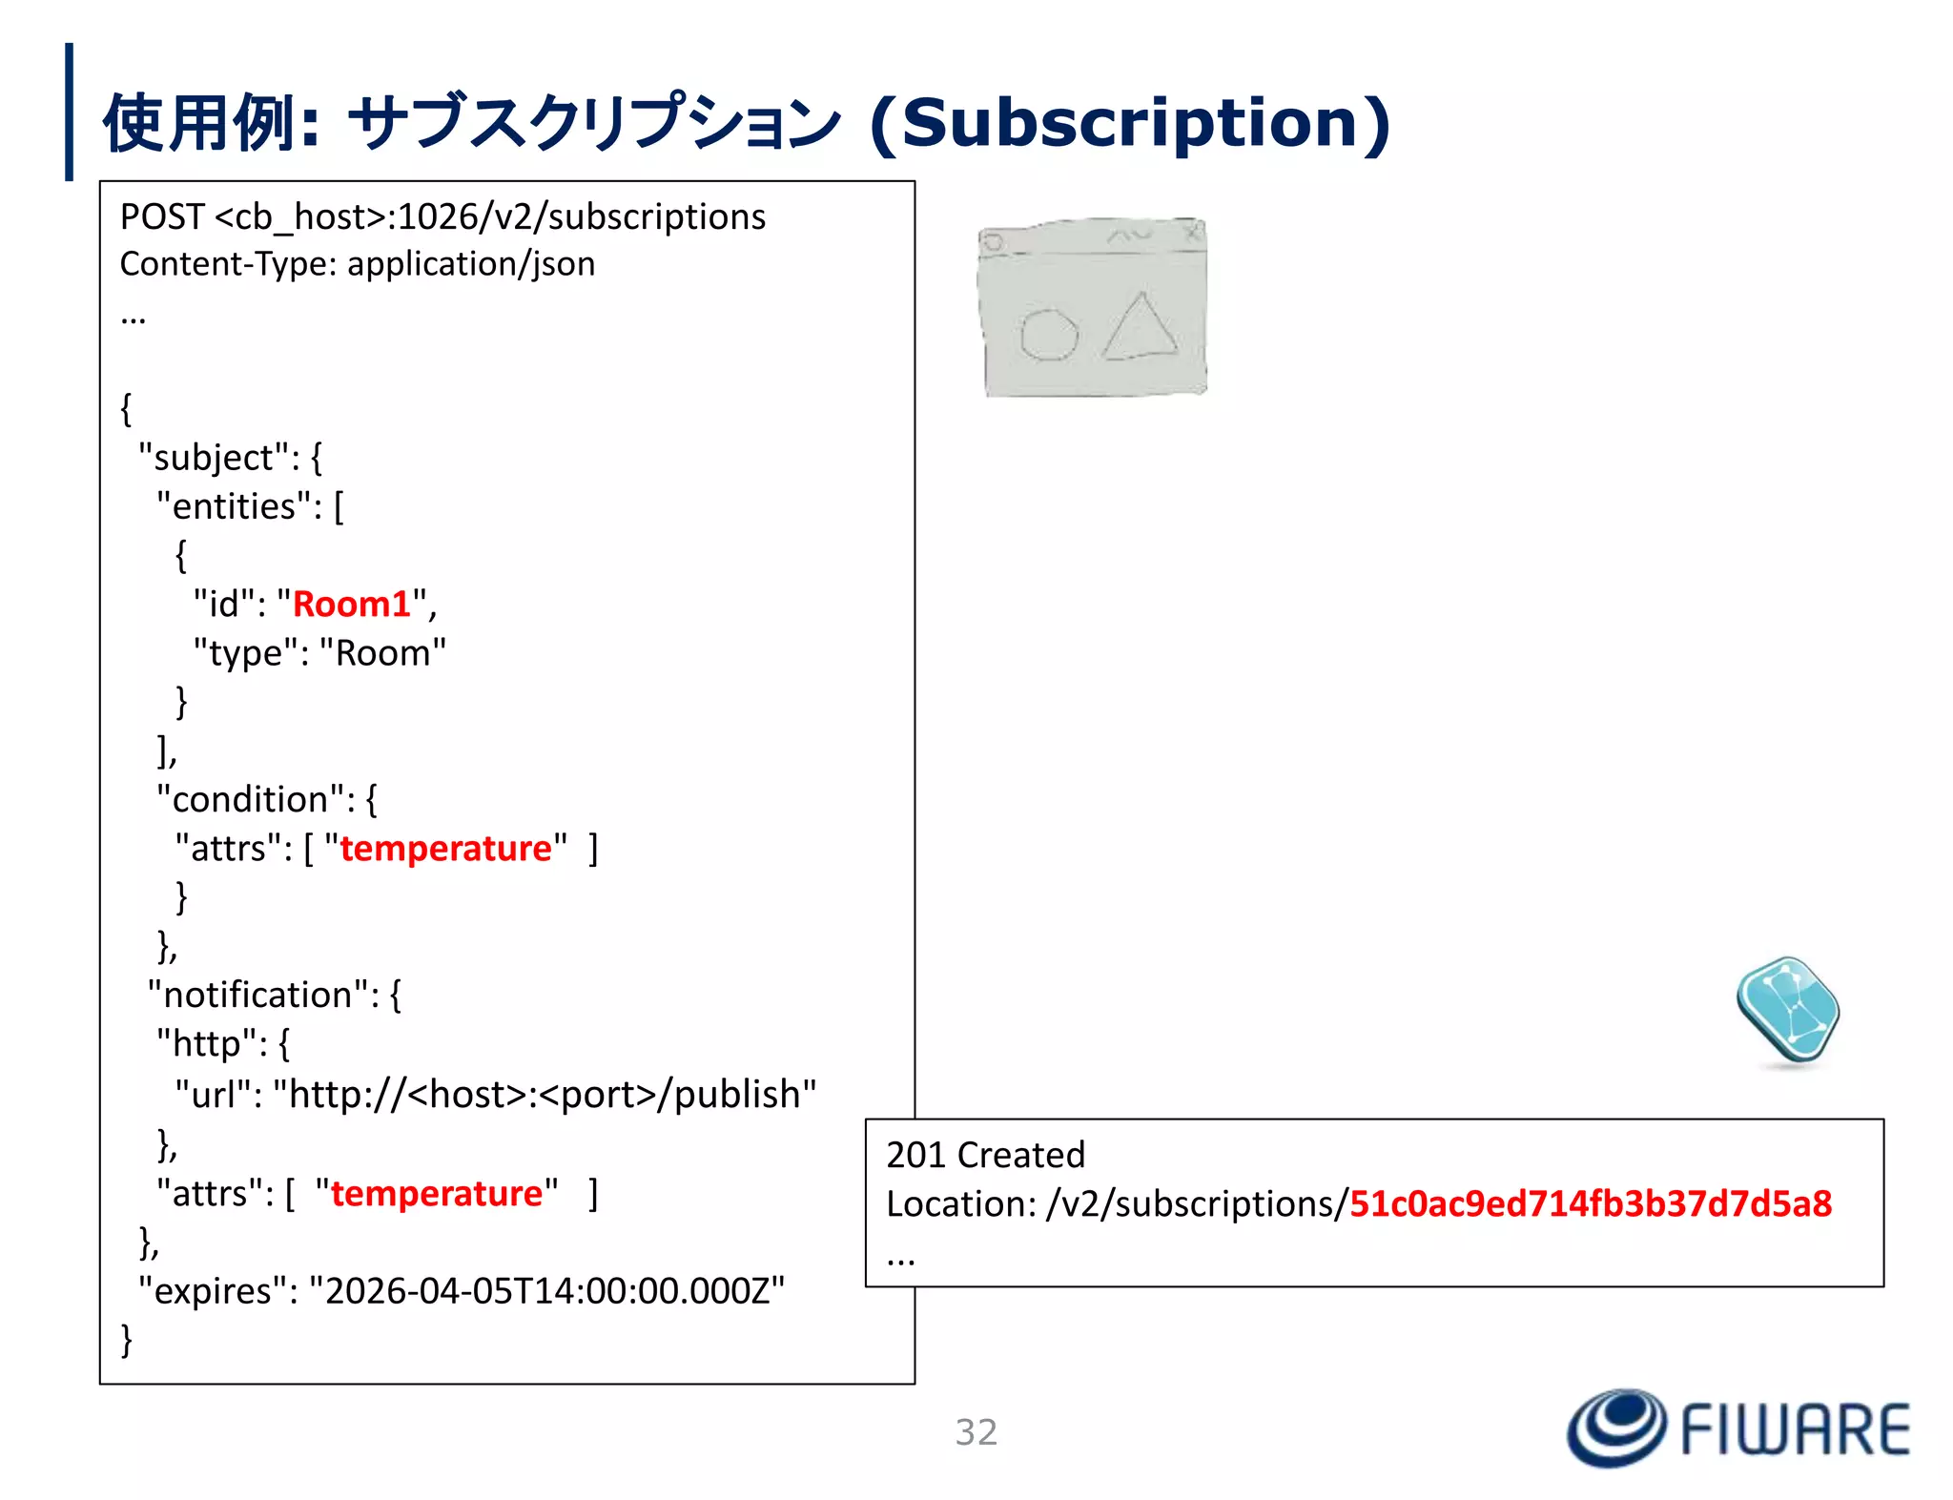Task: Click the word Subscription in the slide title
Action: point(1130,124)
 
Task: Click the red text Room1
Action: point(351,605)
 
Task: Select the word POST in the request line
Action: point(161,217)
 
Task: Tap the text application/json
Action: point(471,264)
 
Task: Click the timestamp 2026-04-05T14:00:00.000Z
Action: point(546,1290)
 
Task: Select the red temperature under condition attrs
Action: point(445,849)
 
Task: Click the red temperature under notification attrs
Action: point(437,1194)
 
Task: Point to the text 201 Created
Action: point(985,1155)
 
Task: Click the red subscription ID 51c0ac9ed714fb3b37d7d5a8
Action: point(1590,1204)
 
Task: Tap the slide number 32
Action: point(976,1432)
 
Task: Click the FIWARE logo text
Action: point(1795,1430)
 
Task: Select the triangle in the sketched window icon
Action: point(1141,328)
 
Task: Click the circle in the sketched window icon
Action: point(1048,335)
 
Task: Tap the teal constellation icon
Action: point(1787,1011)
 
